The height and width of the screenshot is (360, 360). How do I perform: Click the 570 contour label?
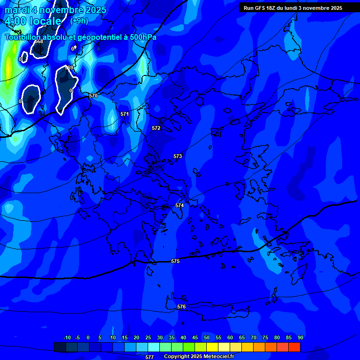coord(93,96)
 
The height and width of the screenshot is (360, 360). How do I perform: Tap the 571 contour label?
coord(124,114)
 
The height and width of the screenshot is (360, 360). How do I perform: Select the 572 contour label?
coord(156,128)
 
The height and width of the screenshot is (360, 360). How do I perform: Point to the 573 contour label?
coord(178,156)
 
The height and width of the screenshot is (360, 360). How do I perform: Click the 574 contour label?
coord(180,205)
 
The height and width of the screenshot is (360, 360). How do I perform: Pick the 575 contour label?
coord(175,261)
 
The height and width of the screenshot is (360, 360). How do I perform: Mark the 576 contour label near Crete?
coord(181,307)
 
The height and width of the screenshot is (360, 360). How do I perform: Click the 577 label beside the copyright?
coord(150,357)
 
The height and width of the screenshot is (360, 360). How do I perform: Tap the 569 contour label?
coord(69,67)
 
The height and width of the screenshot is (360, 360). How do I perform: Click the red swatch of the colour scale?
coord(294,347)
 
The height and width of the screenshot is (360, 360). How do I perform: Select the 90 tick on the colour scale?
coord(300,337)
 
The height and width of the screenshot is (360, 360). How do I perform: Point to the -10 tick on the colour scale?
coord(67,337)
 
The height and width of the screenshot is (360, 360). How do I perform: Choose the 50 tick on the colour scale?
coord(206,337)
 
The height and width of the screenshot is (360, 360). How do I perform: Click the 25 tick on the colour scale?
coord(148,337)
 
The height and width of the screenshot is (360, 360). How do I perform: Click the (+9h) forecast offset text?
coord(79,21)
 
